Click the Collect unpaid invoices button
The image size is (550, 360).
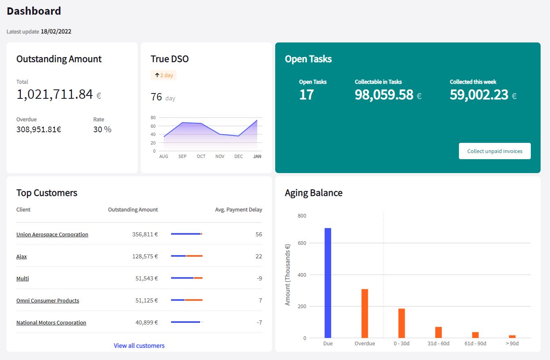[494, 151]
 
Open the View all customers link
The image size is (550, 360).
[139, 346]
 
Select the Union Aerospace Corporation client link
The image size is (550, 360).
[52, 235]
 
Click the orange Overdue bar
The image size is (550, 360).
[365, 313]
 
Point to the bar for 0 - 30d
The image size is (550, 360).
[401, 323]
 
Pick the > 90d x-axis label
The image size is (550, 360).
[512, 344]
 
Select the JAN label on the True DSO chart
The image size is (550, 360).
[257, 157]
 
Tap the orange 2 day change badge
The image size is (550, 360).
[164, 76]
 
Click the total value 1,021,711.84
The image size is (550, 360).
[55, 95]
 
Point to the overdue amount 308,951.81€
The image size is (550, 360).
[39, 130]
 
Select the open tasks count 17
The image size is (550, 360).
[306, 95]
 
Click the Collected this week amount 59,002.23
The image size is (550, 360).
[479, 95]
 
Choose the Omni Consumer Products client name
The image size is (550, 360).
[48, 301]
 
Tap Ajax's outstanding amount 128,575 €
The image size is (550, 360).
[145, 257]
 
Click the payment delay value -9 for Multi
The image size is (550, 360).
[259, 279]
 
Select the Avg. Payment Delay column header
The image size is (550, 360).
[238, 210]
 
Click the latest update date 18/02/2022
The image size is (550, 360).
[56, 31]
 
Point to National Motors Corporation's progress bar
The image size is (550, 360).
[187, 322]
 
